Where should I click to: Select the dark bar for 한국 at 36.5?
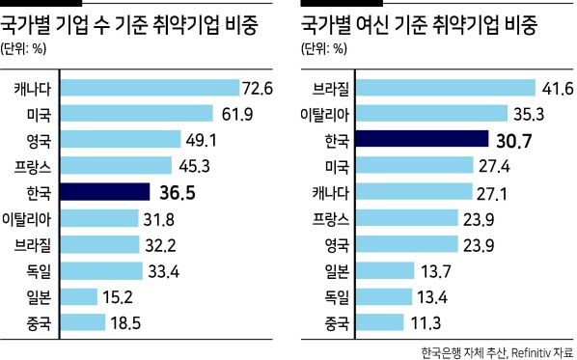[x=104, y=192]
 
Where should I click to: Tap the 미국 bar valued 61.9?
[x=136, y=115]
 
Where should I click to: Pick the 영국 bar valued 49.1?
[x=121, y=141]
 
